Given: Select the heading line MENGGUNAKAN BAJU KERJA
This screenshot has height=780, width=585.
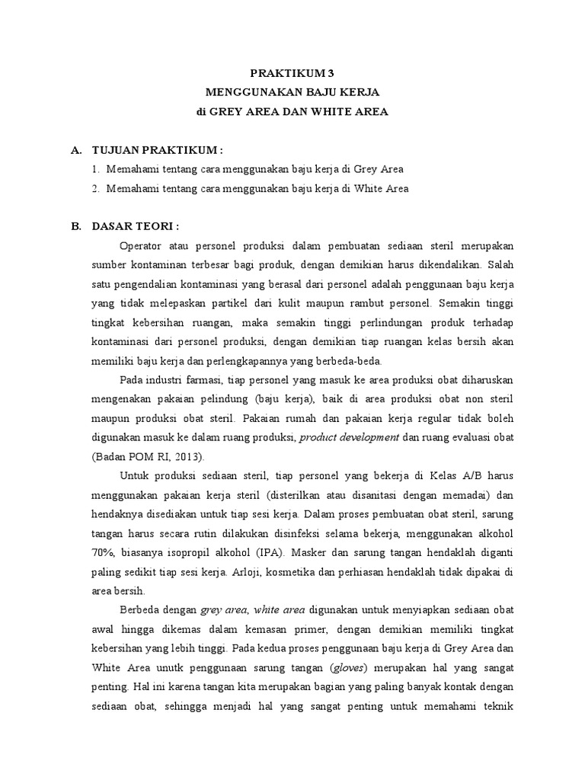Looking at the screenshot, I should pyautogui.click(x=292, y=92).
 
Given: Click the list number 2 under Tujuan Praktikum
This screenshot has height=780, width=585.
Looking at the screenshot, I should pyautogui.click(x=96, y=188).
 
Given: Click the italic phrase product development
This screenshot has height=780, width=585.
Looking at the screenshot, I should pyautogui.click(x=350, y=436).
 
